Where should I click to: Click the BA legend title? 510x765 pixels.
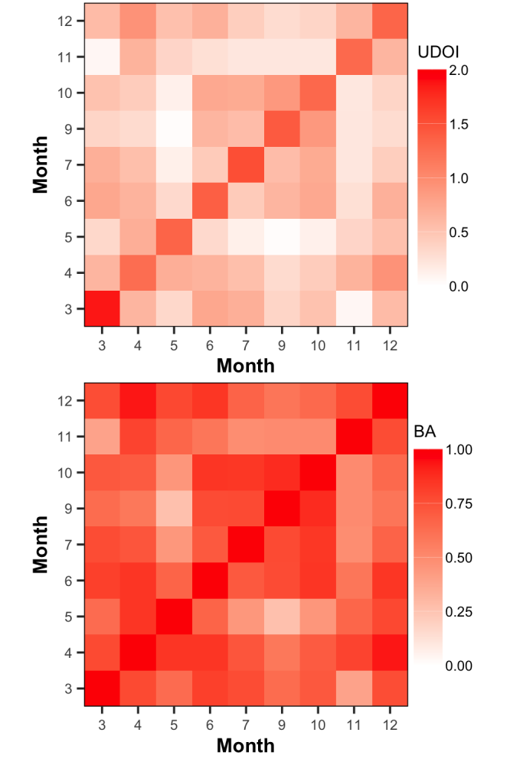[425, 431]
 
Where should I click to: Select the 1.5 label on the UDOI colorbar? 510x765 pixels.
[460, 125]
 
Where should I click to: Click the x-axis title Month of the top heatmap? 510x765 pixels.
[245, 365]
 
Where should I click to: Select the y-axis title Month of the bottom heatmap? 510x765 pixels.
[41, 545]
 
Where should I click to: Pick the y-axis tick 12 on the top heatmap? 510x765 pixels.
[65, 21]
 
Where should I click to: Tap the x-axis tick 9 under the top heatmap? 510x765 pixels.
[281, 343]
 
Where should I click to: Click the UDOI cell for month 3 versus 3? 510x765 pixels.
[102, 309]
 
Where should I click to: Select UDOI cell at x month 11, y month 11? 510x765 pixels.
[353, 57]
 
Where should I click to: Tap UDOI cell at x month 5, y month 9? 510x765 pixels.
[174, 129]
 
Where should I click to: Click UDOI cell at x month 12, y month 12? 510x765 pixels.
[389, 21]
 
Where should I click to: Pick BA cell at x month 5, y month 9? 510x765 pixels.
[174, 509]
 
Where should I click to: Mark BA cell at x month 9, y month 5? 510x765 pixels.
[281, 617]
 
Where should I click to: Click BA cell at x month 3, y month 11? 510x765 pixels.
[102, 437]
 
